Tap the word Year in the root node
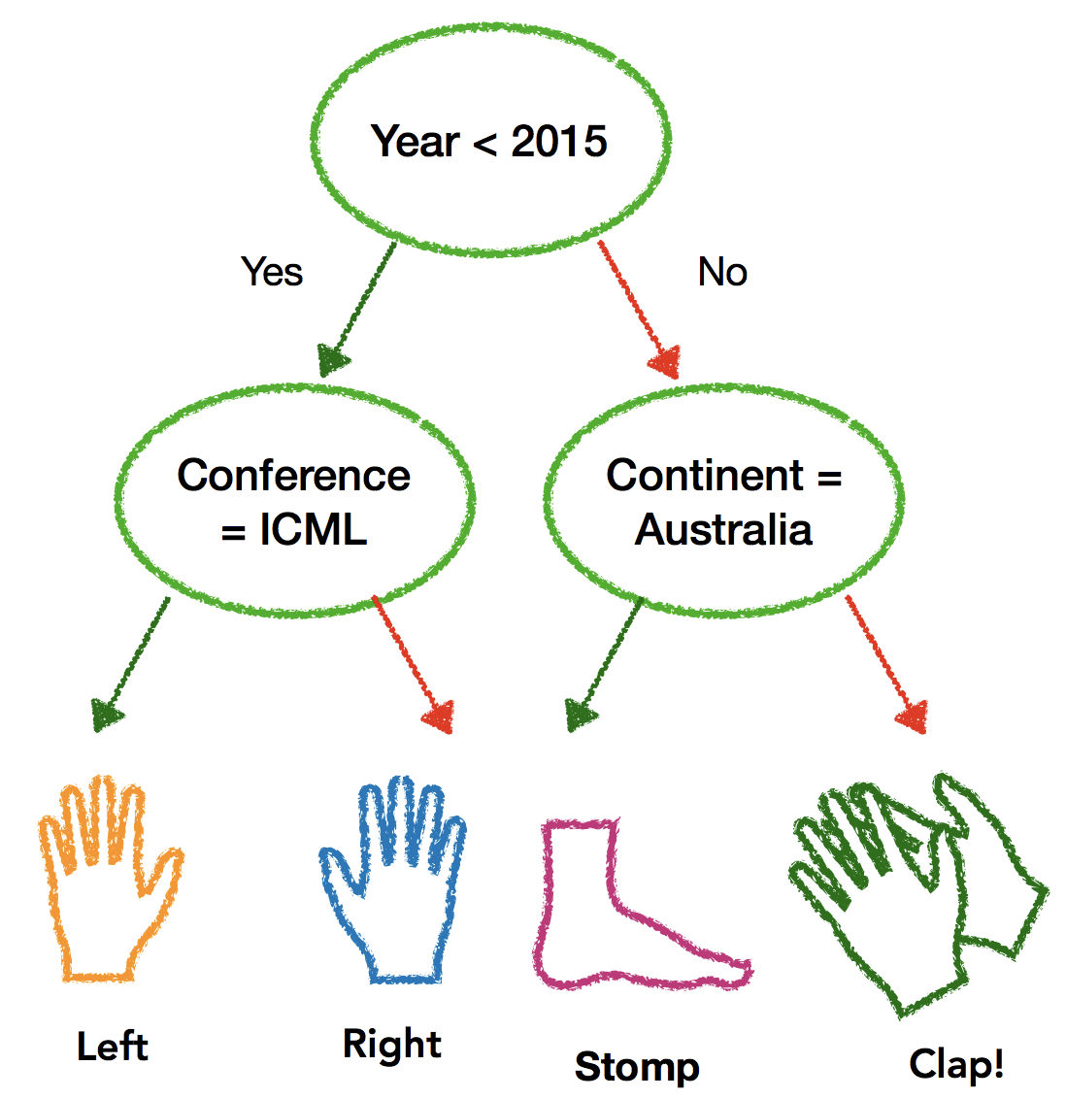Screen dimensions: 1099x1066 click(x=415, y=142)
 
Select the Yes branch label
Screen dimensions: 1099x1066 click(x=272, y=272)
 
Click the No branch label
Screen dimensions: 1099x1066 click(x=722, y=272)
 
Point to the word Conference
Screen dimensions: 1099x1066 click(x=293, y=476)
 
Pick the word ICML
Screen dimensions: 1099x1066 click(x=313, y=530)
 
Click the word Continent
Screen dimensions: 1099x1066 click(x=706, y=476)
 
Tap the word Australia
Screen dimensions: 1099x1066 click(x=723, y=530)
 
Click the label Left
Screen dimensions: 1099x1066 click(x=113, y=1047)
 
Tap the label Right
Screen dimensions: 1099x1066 click(x=392, y=1044)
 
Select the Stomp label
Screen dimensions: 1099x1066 click(x=637, y=1066)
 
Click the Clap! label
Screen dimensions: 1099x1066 click(x=956, y=1064)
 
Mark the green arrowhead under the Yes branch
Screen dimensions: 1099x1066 click(x=332, y=360)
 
